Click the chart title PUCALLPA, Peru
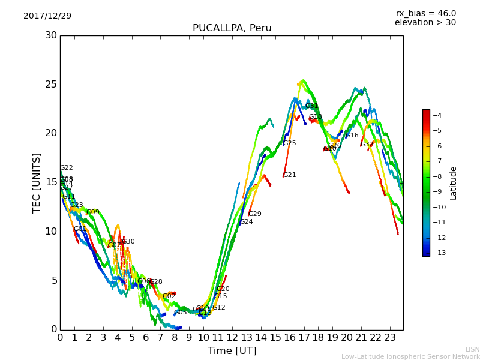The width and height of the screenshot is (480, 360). [232, 28]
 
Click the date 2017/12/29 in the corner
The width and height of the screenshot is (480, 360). [47, 16]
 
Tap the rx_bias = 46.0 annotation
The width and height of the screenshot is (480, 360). [425, 14]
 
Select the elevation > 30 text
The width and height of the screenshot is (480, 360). [425, 23]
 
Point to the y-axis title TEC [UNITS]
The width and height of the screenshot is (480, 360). [37, 182]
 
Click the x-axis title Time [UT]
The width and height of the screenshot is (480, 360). [232, 351]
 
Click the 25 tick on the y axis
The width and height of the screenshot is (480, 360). [51, 85]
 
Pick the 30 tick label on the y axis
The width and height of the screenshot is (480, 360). [51, 35]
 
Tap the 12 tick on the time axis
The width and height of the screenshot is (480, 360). [232, 338]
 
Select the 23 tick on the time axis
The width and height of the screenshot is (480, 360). [390, 338]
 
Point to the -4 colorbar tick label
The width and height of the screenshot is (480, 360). [437, 115]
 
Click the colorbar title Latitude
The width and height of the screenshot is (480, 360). [454, 183]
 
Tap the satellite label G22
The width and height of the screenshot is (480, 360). [67, 168]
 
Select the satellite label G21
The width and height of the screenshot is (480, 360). [290, 175]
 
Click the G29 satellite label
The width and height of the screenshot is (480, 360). [255, 214]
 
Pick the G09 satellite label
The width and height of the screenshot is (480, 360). [93, 212]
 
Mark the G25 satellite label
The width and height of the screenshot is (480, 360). [290, 143]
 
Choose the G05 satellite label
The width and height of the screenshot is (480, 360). [181, 313]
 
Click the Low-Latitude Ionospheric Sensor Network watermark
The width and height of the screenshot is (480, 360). [410, 357]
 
